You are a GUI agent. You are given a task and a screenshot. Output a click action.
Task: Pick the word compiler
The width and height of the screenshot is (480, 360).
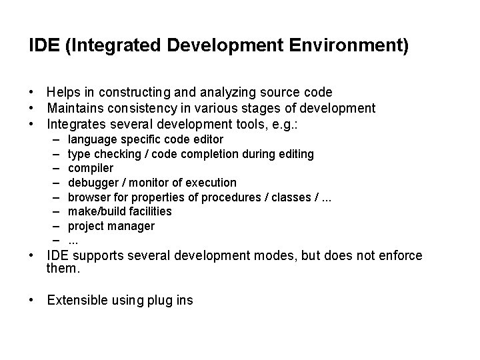91,169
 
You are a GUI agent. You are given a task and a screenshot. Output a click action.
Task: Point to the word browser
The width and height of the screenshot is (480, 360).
88,197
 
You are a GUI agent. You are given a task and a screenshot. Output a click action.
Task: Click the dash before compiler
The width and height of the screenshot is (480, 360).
53,169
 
